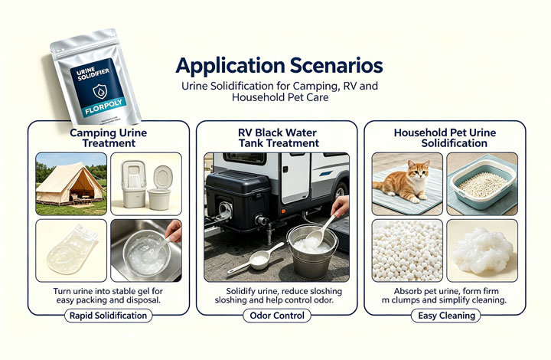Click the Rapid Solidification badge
click(108, 316)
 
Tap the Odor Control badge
click(277, 316)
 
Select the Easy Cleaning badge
click(446, 316)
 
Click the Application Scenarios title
click(279, 65)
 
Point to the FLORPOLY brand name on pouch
click(103, 106)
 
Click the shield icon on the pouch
click(99, 91)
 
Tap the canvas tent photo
click(71, 184)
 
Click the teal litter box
click(482, 184)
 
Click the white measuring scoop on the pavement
click(256, 257)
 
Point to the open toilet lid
click(163, 177)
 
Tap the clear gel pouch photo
click(71, 250)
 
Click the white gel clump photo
click(482, 250)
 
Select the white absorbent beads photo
click(407, 250)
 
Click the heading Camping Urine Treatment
click(108, 138)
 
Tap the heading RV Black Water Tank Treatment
click(278, 138)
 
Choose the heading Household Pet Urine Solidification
click(445, 138)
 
